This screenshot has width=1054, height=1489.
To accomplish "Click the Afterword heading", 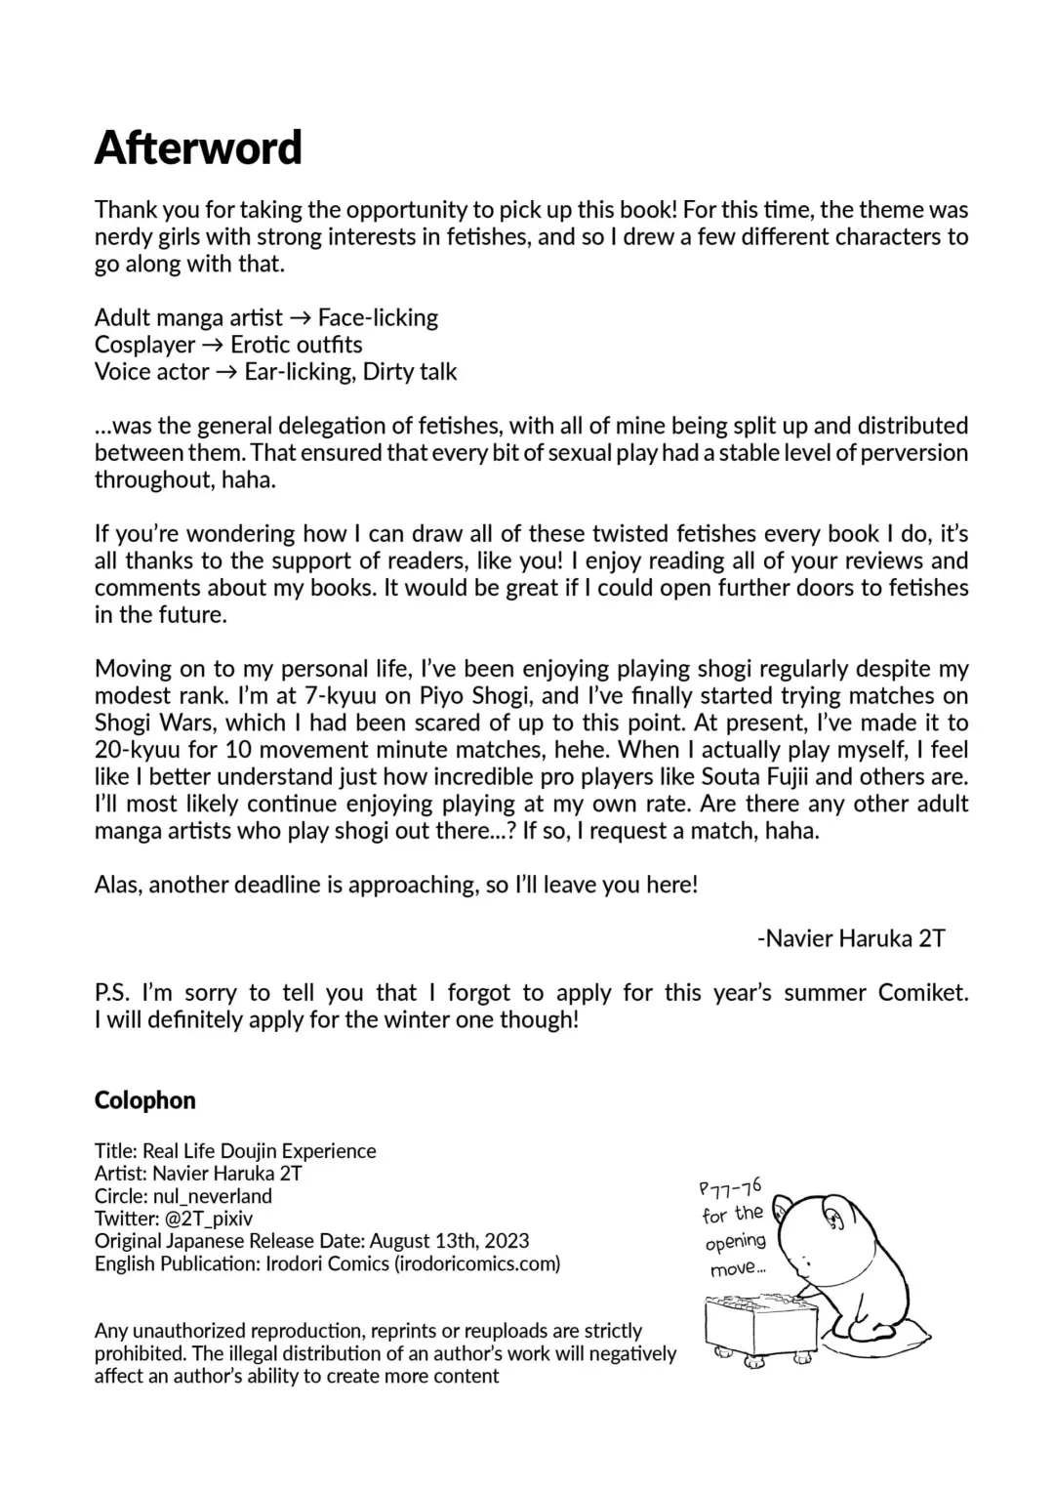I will point(198,148).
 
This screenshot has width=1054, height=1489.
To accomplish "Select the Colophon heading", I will point(144,1100).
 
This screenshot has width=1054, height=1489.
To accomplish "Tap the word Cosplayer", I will point(145,345).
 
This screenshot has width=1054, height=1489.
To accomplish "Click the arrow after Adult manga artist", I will point(301,318).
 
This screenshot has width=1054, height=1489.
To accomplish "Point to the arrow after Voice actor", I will point(226,372).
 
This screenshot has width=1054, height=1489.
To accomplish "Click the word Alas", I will point(116,885).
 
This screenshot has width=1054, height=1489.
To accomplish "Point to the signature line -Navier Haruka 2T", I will point(851,938).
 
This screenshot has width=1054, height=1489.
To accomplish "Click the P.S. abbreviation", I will point(112,993).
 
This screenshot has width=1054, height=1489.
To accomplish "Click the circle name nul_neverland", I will point(212,1196).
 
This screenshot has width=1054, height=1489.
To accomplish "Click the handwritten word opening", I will point(735,1243).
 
